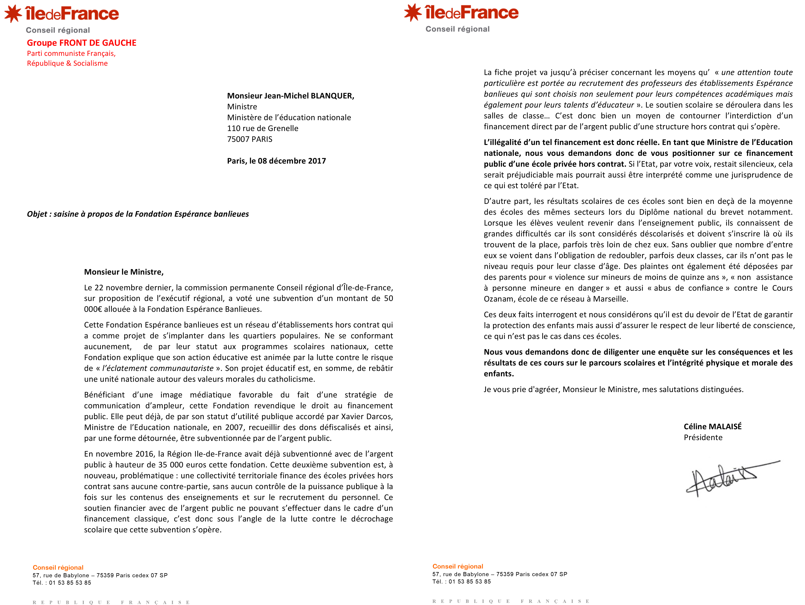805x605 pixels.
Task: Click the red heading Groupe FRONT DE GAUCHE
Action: coord(82,43)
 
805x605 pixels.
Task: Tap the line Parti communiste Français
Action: coord(71,53)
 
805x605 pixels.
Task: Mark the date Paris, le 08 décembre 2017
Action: coord(276,161)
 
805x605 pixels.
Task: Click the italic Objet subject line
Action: coord(138,214)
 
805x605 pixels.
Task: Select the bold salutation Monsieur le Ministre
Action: coord(124,272)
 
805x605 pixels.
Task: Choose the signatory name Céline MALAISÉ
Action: coord(712,427)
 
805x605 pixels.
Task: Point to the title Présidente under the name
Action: coord(703,438)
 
